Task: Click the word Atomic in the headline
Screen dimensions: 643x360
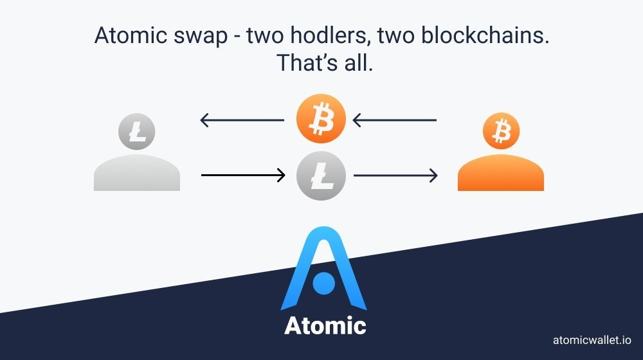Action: (x=130, y=35)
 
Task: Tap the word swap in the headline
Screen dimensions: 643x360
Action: (x=201, y=37)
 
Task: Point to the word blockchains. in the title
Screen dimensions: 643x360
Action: (x=485, y=35)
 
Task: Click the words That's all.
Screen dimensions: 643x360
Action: (x=325, y=63)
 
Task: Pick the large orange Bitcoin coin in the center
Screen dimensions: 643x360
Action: (x=321, y=118)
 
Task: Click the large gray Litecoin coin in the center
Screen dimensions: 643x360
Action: (x=321, y=175)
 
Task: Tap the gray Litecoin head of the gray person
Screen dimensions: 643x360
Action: (x=136, y=132)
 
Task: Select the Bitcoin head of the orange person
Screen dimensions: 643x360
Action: (x=501, y=130)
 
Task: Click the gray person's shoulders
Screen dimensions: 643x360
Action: (x=137, y=173)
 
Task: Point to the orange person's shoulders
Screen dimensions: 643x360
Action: (x=501, y=173)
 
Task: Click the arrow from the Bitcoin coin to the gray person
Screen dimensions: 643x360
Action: (x=242, y=120)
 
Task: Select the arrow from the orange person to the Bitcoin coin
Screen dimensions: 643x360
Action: (x=395, y=120)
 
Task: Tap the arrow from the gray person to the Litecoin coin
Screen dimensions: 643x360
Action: (x=243, y=175)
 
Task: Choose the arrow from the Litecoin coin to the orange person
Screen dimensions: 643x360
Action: (x=395, y=175)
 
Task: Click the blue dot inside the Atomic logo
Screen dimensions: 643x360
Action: (x=323, y=283)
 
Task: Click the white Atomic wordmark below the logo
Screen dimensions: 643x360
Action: (x=325, y=325)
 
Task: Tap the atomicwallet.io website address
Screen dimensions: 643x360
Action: (x=592, y=340)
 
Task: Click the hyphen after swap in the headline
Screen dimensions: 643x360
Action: (x=237, y=37)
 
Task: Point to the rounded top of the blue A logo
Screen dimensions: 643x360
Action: (x=324, y=230)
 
